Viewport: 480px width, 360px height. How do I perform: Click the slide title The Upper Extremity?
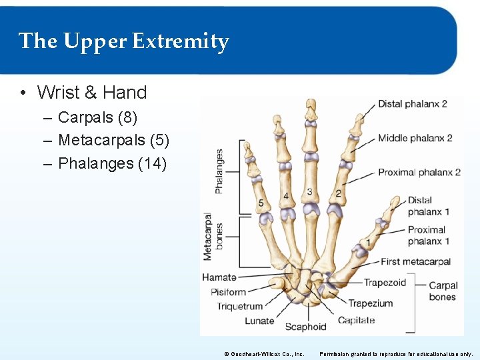click(124, 41)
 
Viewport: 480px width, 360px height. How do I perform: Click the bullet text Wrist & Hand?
click(91, 92)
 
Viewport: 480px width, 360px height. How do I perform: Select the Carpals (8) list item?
click(97, 118)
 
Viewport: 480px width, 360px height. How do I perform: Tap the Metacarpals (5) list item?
click(113, 141)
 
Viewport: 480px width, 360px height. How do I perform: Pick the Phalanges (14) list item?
click(112, 163)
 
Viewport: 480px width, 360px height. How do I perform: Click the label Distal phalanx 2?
click(412, 104)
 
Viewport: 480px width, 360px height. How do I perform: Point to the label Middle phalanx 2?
click(415, 138)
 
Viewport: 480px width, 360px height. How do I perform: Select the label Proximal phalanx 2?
click(419, 173)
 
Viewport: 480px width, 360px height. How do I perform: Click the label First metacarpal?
click(416, 262)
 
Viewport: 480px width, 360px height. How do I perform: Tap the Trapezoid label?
click(385, 283)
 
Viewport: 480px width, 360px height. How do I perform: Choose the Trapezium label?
click(370, 303)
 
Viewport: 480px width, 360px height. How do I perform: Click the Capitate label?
click(356, 321)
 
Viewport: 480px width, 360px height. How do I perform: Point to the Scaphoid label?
click(305, 327)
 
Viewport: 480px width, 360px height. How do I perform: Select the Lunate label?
click(259, 321)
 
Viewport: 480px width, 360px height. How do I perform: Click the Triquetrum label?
click(240, 307)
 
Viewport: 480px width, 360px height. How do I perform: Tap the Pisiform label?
click(229, 292)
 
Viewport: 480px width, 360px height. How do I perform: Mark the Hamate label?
click(219, 277)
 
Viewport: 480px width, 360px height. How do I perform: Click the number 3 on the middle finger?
click(309, 192)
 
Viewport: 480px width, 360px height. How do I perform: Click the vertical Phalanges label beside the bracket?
click(219, 171)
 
